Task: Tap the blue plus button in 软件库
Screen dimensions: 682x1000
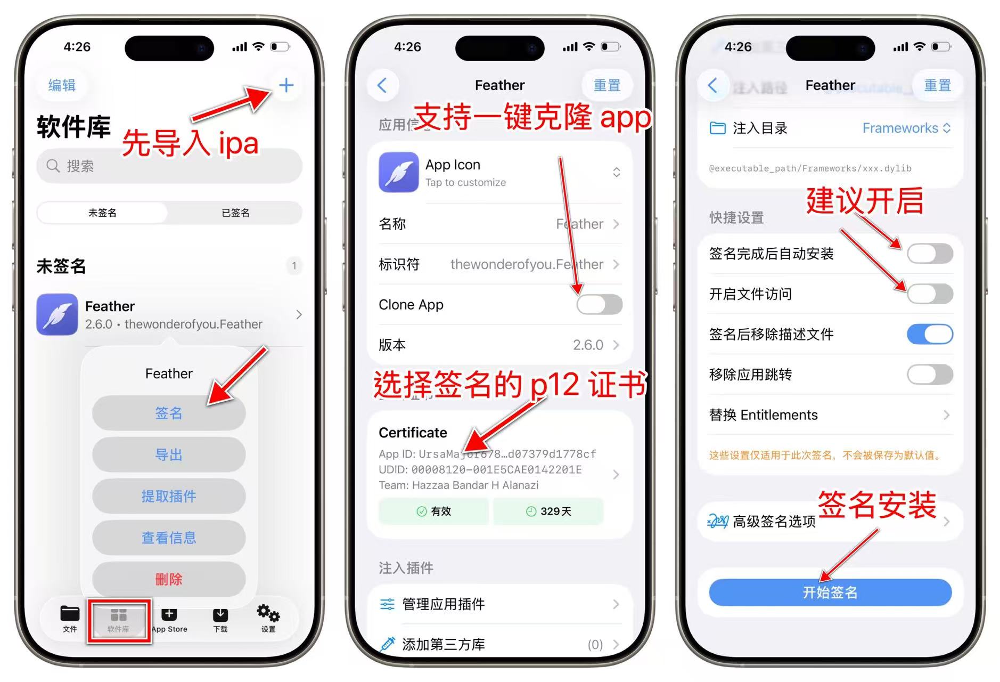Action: (x=286, y=85)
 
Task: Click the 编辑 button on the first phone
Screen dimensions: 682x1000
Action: (x=62, y=85)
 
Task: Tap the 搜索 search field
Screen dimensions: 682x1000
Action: (x=169, y=166)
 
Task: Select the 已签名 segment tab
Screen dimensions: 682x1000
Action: (x=235, y=213)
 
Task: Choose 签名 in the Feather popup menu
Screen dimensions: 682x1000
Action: (x=169, y=413)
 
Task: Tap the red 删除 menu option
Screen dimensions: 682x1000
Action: (x=169, y=579)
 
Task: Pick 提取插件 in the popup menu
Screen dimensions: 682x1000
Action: (x=169, y=496)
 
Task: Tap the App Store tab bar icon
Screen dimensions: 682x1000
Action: (x=169, y=620)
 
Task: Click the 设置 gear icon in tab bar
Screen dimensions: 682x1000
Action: (x=268, y=618)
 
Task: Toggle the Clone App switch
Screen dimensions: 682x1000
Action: (x=599, y=305)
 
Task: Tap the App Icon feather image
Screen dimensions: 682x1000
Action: (x=398, y=172)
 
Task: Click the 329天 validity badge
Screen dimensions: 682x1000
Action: (x=548, y=511)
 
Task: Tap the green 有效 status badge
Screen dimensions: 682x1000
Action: (x=433, y=511)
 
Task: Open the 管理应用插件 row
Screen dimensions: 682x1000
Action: (x=499, y=604)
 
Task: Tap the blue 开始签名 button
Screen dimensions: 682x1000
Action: (x=830, y=592)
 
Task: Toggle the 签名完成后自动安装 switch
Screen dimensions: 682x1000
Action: (x=930, y=254)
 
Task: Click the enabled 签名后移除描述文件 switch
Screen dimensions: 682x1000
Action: (x=930, y=335)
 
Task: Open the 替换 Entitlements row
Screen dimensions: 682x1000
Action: (x=830, y=415)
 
